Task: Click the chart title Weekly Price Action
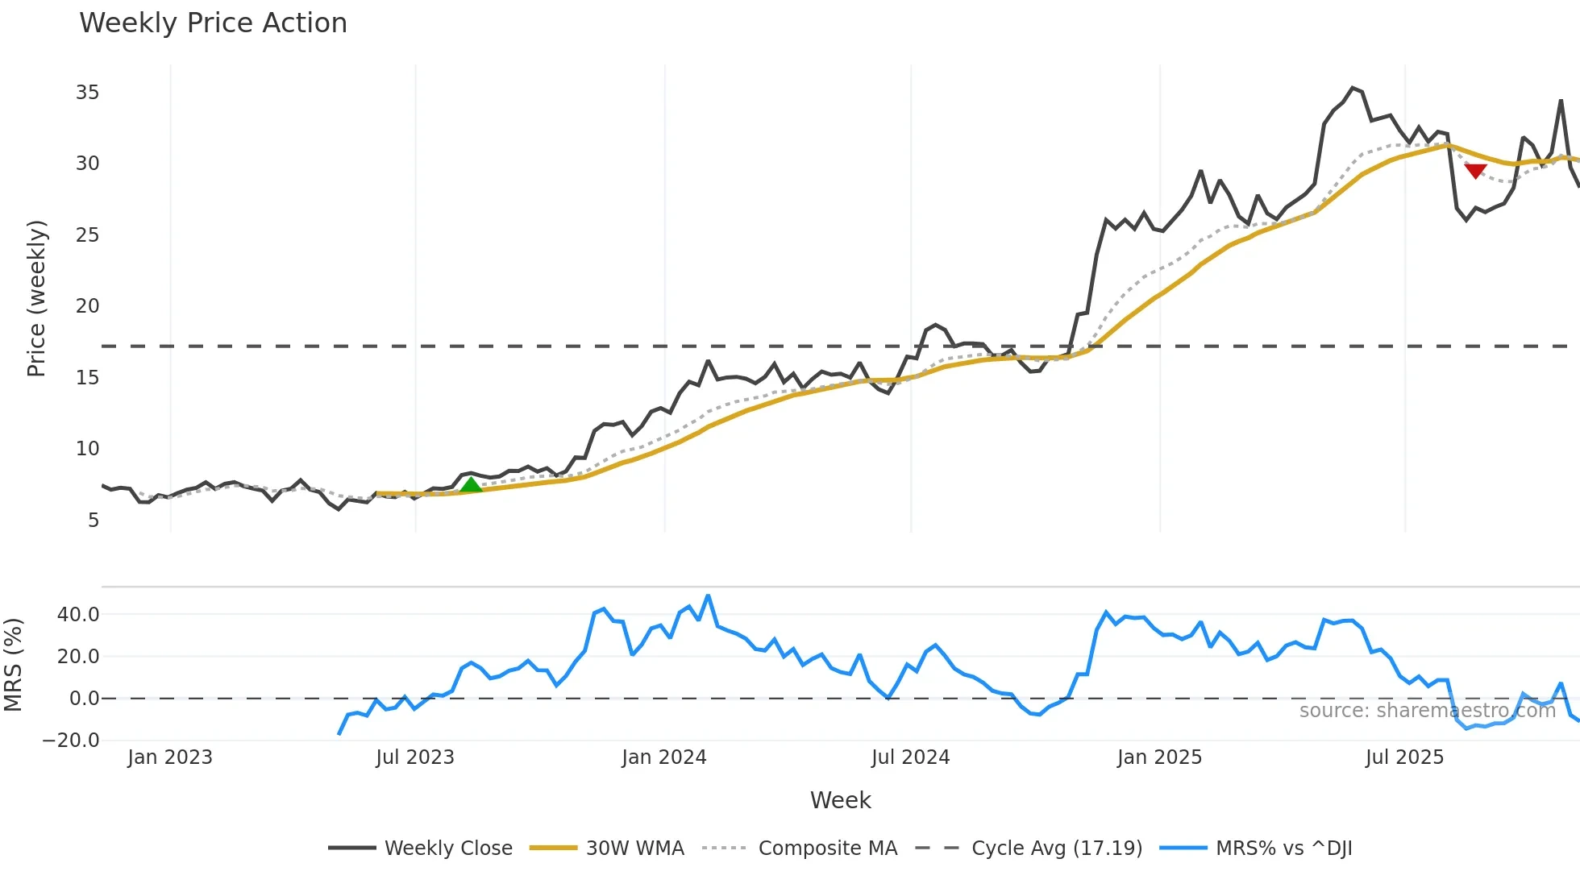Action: [x=213, y=23]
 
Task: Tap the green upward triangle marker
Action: [x=471, y=484]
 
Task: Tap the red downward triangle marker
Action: [x=1475, y=171]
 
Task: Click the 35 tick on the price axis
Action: [x=87, y=93]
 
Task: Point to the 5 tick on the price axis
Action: [x=94, y=521]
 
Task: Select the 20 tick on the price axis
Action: [x=87, y=306]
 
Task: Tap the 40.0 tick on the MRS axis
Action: [x=78, y=615]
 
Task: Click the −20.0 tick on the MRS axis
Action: [x=71, y=741]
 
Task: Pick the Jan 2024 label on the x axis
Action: [x=663, y=757]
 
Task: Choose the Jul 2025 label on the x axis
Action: [x=1404, y=757]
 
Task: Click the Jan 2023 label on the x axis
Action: [x=170, y=757]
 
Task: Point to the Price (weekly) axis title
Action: [x=37, y=298]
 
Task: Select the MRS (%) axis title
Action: [x=13, y=665]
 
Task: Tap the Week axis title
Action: [x=840, y=800]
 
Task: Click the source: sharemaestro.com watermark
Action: [x=1427, y=711]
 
